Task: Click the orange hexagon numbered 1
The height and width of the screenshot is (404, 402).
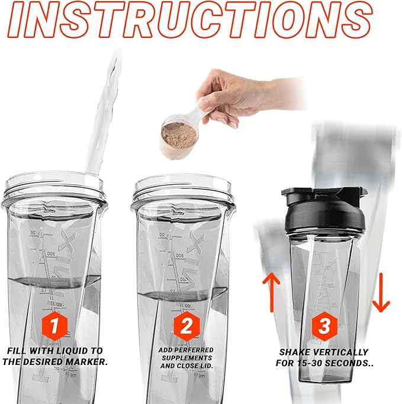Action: (x=54, y=325)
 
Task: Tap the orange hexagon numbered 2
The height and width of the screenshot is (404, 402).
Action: (x=184, y=325)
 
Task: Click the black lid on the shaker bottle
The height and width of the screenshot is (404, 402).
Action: (x=323, y=212)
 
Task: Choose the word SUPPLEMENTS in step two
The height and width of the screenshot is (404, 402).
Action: (x=185, y=358)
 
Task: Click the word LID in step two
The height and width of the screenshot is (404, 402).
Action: (x=205, y=367)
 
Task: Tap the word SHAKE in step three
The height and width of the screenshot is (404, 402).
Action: (x=295, y=351)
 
